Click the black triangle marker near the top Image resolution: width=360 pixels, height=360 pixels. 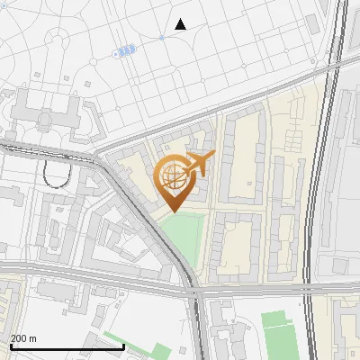[181, 24]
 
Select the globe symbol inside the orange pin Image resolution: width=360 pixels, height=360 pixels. [174, 177]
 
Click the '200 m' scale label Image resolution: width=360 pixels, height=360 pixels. [23, 337]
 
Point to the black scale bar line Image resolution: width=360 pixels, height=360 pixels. [54, 346]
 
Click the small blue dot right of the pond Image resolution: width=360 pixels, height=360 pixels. [162, 38]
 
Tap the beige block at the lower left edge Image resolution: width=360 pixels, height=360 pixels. [9, 297]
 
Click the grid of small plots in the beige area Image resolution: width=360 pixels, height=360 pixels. [296, 135]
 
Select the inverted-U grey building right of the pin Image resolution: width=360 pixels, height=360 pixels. [243, 153]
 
